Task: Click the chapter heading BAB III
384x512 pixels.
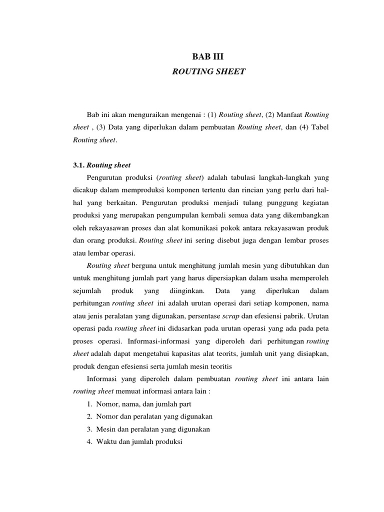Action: [x=209, y=57]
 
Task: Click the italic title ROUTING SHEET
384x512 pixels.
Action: [x=208, y=71]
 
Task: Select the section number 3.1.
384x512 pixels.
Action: [x=79, y=165]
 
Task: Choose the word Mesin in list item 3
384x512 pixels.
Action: [x=105, y=429]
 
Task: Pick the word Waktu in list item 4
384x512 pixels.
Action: [x=106, y=442]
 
